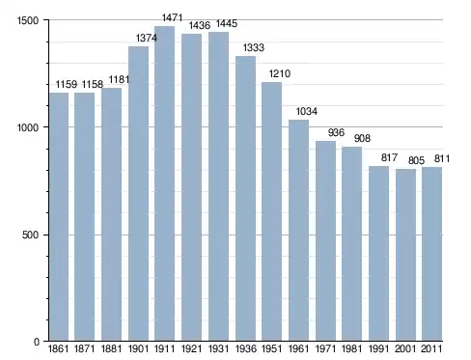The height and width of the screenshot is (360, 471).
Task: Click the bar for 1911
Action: [164, 183]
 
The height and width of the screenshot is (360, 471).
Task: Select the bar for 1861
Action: [59, 217]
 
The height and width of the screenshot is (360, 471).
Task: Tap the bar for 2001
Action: [405, 255]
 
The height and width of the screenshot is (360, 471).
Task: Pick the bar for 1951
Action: [271, 211]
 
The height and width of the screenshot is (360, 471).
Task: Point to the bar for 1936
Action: [245, 199]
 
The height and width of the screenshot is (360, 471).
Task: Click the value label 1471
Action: [172, 17]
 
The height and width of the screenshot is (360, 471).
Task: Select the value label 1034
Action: [307, 111]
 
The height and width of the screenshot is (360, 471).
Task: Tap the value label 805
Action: [416, 160]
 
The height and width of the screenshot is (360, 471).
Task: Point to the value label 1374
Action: [147, 38]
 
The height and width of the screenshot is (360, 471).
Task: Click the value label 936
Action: [336, 132]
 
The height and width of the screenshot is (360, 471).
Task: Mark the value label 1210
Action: [280, 73]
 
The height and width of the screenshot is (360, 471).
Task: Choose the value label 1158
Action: [93, 84]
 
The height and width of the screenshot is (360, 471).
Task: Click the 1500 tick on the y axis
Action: [28, 20]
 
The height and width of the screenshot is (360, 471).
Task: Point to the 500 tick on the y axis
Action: [31, 235]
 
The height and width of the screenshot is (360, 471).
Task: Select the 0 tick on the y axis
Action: [37, 342]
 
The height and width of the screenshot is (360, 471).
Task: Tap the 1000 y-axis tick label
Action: [28, 127]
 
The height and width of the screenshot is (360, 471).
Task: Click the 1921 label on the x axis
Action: [191, 348]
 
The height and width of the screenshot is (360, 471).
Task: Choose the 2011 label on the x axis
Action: [431, 348]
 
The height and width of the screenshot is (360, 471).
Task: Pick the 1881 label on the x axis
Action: [111, 348]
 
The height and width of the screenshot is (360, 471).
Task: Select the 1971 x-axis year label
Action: [325, 348]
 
